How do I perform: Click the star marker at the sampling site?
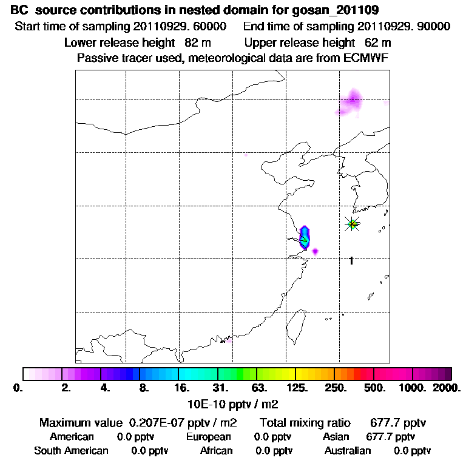[x=353, y=224]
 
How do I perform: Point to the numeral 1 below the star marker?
[x=351, y=260]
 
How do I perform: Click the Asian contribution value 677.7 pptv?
[x=391, y=436]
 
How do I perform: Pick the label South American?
[x=71, y=450]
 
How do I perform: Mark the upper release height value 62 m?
[x=377, y=42]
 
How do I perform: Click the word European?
[x=209, y=436]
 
